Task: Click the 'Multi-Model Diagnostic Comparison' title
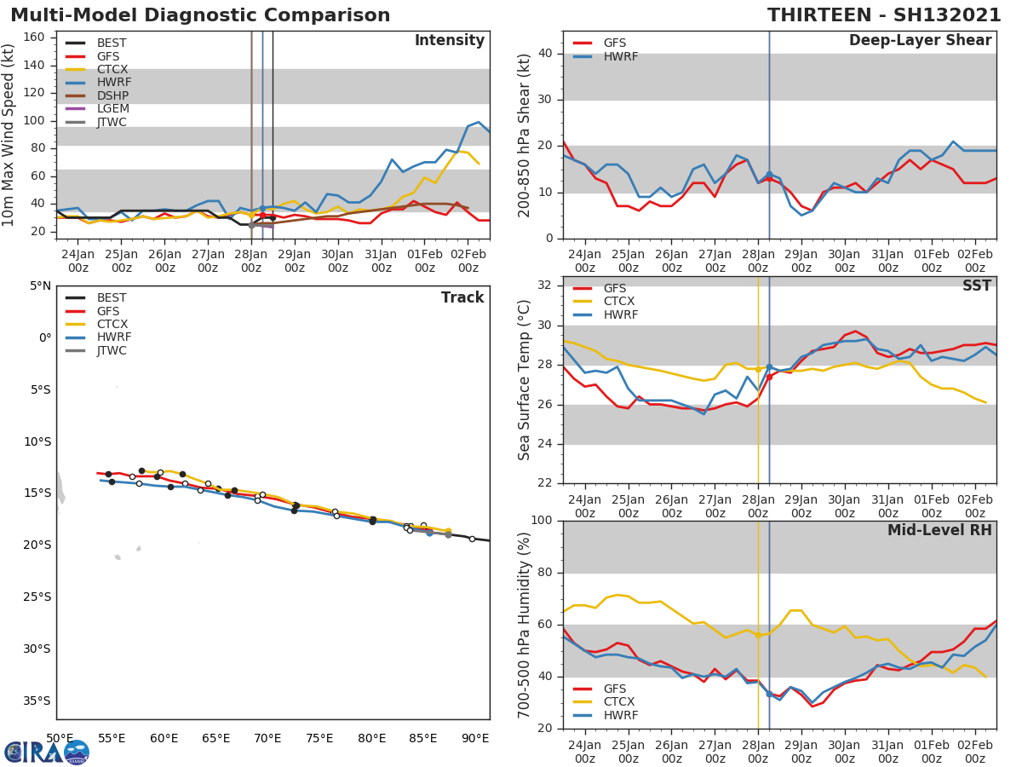[200, 15]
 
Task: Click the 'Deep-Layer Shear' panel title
[920, 41]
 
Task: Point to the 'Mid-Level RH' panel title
[939, 531]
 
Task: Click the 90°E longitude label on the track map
[475, 738]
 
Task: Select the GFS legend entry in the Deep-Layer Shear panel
[615, 43]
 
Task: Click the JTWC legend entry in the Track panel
[112, 351]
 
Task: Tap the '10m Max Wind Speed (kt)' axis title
[9, 136]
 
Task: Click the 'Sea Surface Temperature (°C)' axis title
[525, 380]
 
